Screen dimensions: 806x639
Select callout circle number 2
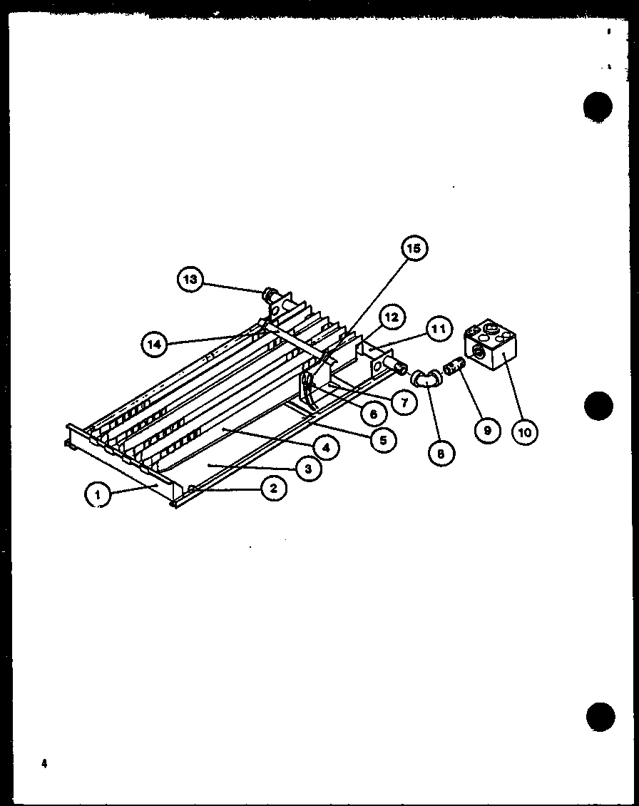(273, 489)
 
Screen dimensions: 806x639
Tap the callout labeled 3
(307, 469)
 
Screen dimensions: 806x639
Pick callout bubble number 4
(325, 449)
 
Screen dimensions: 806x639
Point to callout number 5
(383, 440)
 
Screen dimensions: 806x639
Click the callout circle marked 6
(373, 413)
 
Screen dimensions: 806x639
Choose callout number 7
(404, 402)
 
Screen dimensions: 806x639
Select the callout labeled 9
(487, 431)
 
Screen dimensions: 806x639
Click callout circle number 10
(525, 432)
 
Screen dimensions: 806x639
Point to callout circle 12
(392, 317)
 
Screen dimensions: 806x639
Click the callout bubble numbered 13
(190, 280)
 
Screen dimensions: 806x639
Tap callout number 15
(414, 248)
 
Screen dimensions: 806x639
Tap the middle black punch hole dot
(598, 407)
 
